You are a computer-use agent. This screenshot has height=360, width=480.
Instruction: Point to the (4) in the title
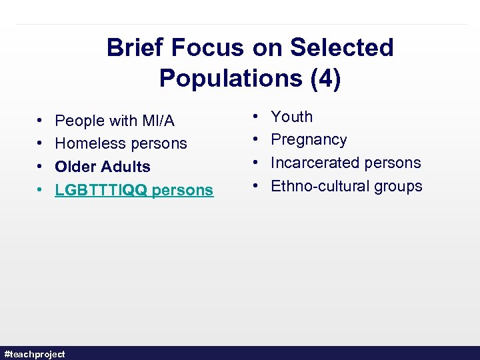pyautogui.click(x=325, y=79)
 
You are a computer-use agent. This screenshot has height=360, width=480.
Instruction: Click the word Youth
pyautogui.click(x=291, y=117)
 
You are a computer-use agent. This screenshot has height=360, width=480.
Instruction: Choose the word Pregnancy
pyautogui.click(x=309, y=140)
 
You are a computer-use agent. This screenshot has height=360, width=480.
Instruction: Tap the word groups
pyautogui.click(x=397, y=186)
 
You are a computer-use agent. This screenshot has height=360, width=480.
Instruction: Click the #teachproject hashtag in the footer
pyautogui.click(x=35, y=354)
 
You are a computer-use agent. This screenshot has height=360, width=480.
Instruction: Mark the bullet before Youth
pyautogui.click(x=257, y=117)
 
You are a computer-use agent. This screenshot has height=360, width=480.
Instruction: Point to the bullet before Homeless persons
pyautogui.click(x=41, y=143)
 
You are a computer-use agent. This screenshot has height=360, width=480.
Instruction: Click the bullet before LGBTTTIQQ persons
pyautogui.click(x=41, y=190)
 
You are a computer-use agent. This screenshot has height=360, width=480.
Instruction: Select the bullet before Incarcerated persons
pyautogui.click(x=257, y=163)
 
